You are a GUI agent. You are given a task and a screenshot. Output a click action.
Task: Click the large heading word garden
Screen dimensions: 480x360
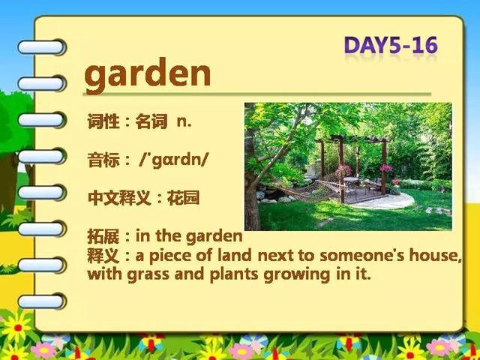pyautogui.click(x=148, y=75)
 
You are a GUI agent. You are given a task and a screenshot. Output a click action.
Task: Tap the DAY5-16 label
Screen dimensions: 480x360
pyautogui.click(x=391, y=45)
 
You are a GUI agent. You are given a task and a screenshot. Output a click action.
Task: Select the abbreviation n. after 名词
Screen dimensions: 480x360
pyautogui.click(x=184, y=121)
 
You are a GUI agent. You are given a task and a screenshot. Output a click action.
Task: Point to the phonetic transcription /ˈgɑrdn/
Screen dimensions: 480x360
pyautogui.click(x=173, y=160)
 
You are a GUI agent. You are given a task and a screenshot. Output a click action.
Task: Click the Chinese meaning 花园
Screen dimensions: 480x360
pyautogui.click(x=183, y=198)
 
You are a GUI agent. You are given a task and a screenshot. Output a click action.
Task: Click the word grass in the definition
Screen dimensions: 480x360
pyautogui.click(x=148, y=274)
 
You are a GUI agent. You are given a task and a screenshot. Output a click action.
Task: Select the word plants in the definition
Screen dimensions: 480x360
pyautogui.click(x=234, y=274)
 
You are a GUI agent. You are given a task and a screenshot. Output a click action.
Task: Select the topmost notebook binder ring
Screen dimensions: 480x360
pyautogui.click(x=42, y=47)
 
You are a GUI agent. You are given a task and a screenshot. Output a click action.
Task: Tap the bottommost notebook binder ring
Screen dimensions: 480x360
pyautogui.click(x=42, y=301)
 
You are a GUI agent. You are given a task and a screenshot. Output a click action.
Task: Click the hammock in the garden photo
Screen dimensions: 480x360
pyautogui.click(x=306, y=193)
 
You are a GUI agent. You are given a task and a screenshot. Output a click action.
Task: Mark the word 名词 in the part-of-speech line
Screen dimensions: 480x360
pyautogui.click(x=151, y=121)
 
